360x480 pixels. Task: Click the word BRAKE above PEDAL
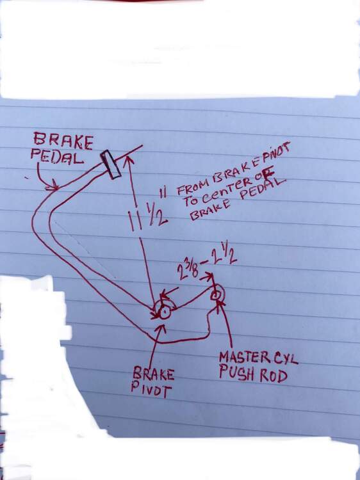pos(63,141)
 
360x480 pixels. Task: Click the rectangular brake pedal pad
pos(111,164)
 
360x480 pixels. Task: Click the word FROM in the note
pos(193,187)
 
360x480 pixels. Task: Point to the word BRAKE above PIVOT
pos(154,374)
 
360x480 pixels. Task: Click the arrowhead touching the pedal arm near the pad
pos(129,161)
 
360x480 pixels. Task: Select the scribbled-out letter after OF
pos(269,175)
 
